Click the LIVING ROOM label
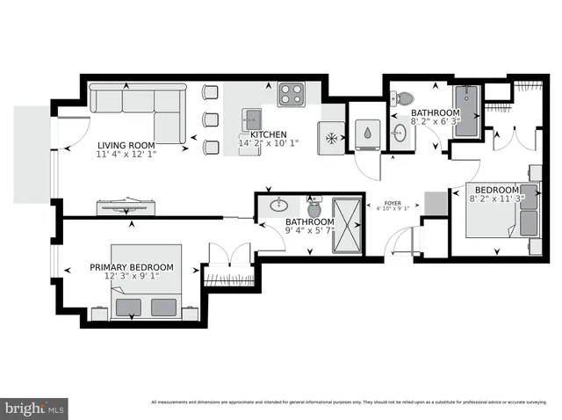tap(126, 145)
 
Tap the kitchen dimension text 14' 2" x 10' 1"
tap(269, 143)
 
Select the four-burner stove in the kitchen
tap(291, 93)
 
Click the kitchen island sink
tap(254, 119)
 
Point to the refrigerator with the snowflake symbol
tap(332, 139)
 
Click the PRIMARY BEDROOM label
tap(132, 267)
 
